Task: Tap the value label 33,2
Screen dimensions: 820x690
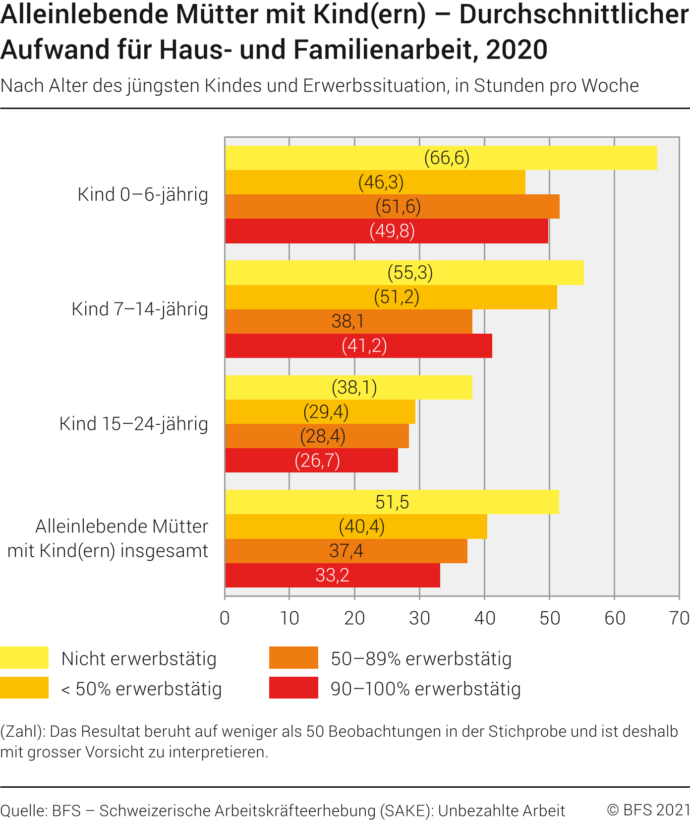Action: [x=332, y=575]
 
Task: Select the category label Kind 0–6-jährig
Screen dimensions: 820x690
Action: [x=143, y=194]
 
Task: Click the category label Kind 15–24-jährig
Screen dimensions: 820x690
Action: [x=134, y=424]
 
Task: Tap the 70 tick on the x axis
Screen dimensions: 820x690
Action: [x=679, y=618]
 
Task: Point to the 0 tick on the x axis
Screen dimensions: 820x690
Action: [x=225, y=618]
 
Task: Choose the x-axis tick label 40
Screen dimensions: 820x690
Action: [x=484, y=618]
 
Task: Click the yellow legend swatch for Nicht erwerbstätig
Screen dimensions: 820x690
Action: [x=24, y=658]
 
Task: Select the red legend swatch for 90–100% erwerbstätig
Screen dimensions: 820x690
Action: [x=293, y=688]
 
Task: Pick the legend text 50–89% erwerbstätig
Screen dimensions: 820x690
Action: [x=421, y=659]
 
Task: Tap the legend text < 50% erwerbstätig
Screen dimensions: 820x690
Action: [x=141, y=689]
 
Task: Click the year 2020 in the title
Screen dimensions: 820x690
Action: [x=517, y=50]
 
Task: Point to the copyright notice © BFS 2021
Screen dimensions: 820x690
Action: [x=648, y=810]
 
